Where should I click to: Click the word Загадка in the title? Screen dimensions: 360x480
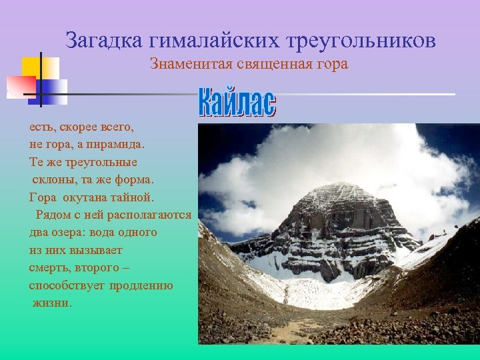[103, 41]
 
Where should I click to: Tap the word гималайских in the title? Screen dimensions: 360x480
[213, 41]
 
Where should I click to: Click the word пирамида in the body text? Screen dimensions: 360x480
[118, 143]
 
